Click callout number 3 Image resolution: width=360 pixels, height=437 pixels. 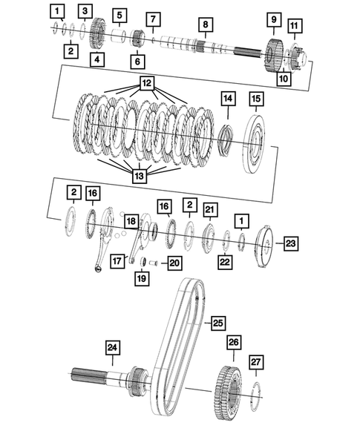coord(86,10)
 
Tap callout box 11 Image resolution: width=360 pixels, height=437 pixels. coord(295,27)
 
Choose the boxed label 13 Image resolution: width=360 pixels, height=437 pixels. coord(139,176)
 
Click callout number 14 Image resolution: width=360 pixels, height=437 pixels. coord(228,98)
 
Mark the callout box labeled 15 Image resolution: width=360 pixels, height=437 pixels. coord(256,98)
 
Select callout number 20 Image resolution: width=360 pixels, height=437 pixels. coord(174,262)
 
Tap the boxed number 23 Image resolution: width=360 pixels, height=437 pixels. coord(289,242)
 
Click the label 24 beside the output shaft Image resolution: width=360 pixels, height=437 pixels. coord(112,346)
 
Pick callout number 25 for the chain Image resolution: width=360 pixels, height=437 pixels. coord(217,323)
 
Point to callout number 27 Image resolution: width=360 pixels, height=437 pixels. coord(255,361)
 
